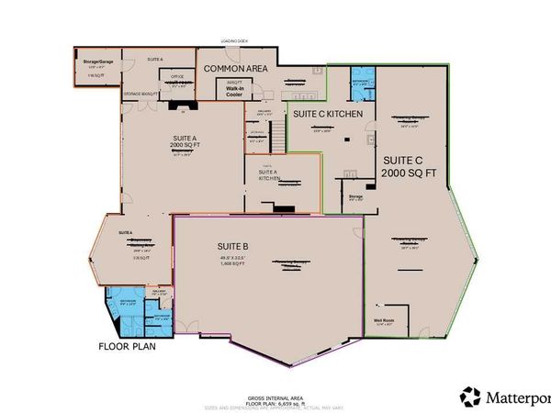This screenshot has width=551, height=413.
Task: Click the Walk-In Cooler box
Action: coord(230,89)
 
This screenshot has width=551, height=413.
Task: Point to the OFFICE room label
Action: coord(179,76)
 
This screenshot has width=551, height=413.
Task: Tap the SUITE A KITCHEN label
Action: coord(267,176)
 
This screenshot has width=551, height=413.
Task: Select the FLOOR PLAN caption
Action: coord(127,347)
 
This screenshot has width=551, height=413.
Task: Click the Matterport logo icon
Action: coord(470,396)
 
